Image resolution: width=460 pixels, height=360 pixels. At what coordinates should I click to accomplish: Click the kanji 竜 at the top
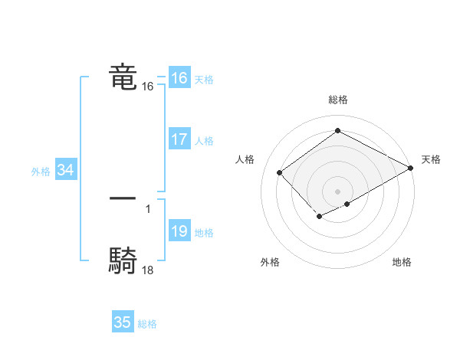[x=123, y=77]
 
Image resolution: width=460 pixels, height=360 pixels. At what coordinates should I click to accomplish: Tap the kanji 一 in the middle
[x=123, y=198]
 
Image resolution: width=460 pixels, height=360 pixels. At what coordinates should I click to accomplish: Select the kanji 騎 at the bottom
[x=123, y=261]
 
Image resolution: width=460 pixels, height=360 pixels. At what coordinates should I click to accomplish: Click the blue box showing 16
[x=179, y=78]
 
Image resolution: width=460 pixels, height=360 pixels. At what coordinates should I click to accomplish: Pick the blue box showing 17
[x=179, y=139]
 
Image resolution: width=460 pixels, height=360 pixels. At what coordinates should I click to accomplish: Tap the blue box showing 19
[x=179, y=231]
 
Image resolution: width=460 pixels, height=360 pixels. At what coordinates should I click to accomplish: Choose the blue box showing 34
[x=65, y=171]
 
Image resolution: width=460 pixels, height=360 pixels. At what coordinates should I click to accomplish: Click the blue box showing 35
[x=122, y=322]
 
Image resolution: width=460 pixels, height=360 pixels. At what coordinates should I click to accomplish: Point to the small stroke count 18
[x=148, y=270]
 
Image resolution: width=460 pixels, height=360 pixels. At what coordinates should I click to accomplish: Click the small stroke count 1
[x=148, y=208]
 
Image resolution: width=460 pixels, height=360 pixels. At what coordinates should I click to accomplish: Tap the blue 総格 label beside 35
[x=147, y=324]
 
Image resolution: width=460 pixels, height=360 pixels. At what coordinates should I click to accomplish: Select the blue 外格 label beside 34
[x=41, y=172]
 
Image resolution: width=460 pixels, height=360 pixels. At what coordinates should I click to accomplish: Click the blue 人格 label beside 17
[x=204, y=141]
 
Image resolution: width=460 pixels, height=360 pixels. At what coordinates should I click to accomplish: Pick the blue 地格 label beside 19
[x=204, y=233]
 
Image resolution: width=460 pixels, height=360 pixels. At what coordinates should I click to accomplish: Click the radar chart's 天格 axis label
[x=431, y=159]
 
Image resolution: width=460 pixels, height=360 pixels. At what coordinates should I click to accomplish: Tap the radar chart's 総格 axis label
[x=337, y=100]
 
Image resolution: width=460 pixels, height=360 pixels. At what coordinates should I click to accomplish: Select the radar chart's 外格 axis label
[x=270, y=262]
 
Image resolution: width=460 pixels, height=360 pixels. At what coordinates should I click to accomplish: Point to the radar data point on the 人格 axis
[x=280, y=172]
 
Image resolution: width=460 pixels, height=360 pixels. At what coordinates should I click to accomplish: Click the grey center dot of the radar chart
[x=337, y=191]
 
